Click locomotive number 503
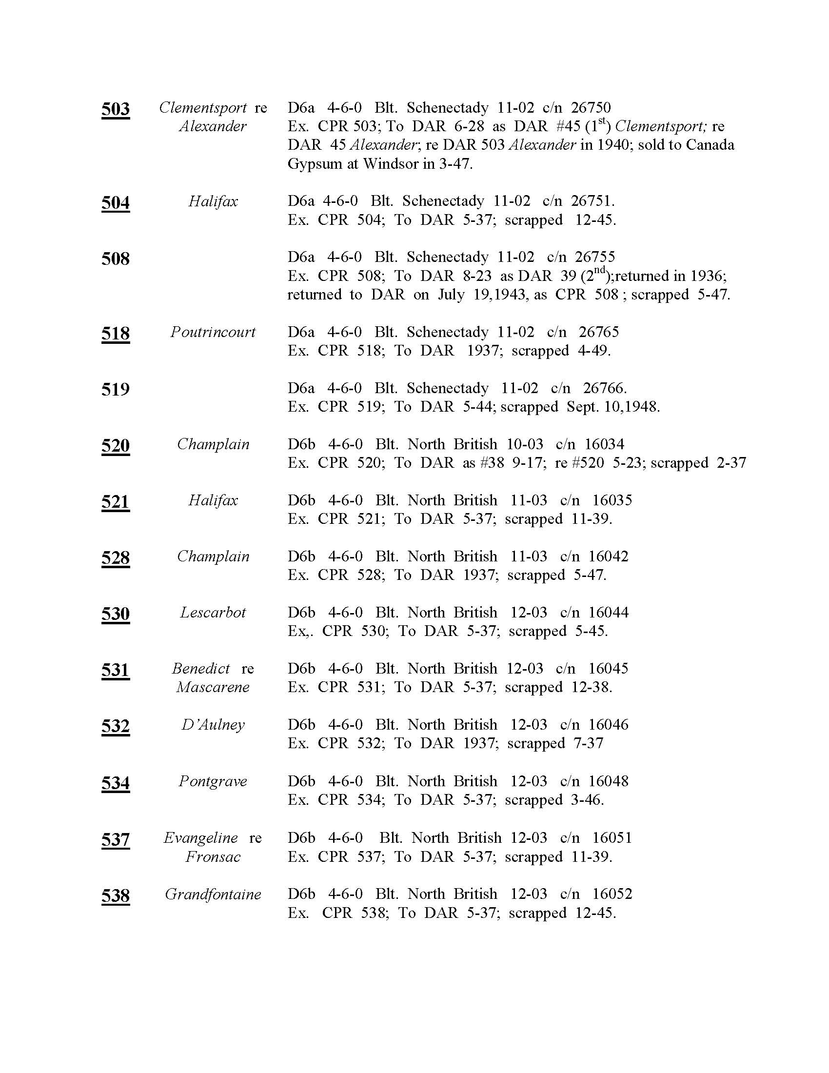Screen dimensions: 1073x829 tap(116, 109)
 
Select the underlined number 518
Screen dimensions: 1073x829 tap(116, 333)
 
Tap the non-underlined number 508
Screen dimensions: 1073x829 tap(116, 258)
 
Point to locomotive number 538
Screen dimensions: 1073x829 tap(116, 895)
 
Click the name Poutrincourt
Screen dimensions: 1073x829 tap(213, 332)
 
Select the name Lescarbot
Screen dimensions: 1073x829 tap(213, 613)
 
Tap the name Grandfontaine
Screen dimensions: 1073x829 tap(213, 894)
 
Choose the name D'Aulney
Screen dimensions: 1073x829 tap(213, 725)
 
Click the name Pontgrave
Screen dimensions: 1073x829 tap(213, 781)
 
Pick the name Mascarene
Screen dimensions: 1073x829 tap(213, 687)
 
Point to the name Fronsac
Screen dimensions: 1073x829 tap(213, 857)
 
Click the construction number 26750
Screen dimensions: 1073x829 tap(591, 108)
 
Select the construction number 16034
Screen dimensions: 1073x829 tap(604, 444)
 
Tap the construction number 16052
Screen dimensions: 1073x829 tap(612, 894)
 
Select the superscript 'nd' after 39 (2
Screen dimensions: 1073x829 tap(600, 269)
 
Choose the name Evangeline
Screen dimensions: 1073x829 tap(200, 837)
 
